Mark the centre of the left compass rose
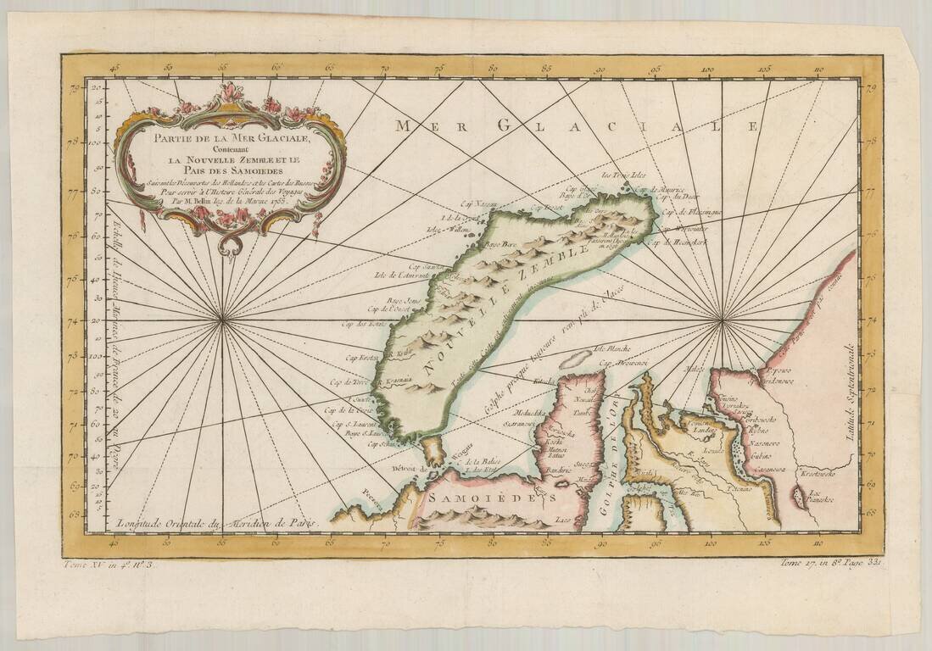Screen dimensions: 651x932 (x=223, y=320)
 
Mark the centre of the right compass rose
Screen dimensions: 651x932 (x=722, y=320)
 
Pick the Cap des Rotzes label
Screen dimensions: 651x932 (x=363, y=324)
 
